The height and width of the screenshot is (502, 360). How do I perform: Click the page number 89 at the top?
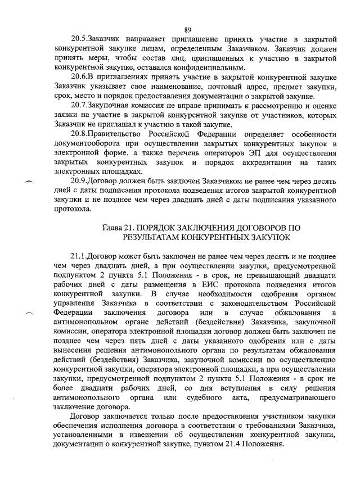point(188,29)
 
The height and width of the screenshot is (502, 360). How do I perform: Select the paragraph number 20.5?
point(79,39)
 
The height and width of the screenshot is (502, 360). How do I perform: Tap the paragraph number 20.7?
point(79,106)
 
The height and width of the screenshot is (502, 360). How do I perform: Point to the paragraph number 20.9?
point(79,181)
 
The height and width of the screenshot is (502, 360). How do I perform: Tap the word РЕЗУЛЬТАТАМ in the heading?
point(156,237)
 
